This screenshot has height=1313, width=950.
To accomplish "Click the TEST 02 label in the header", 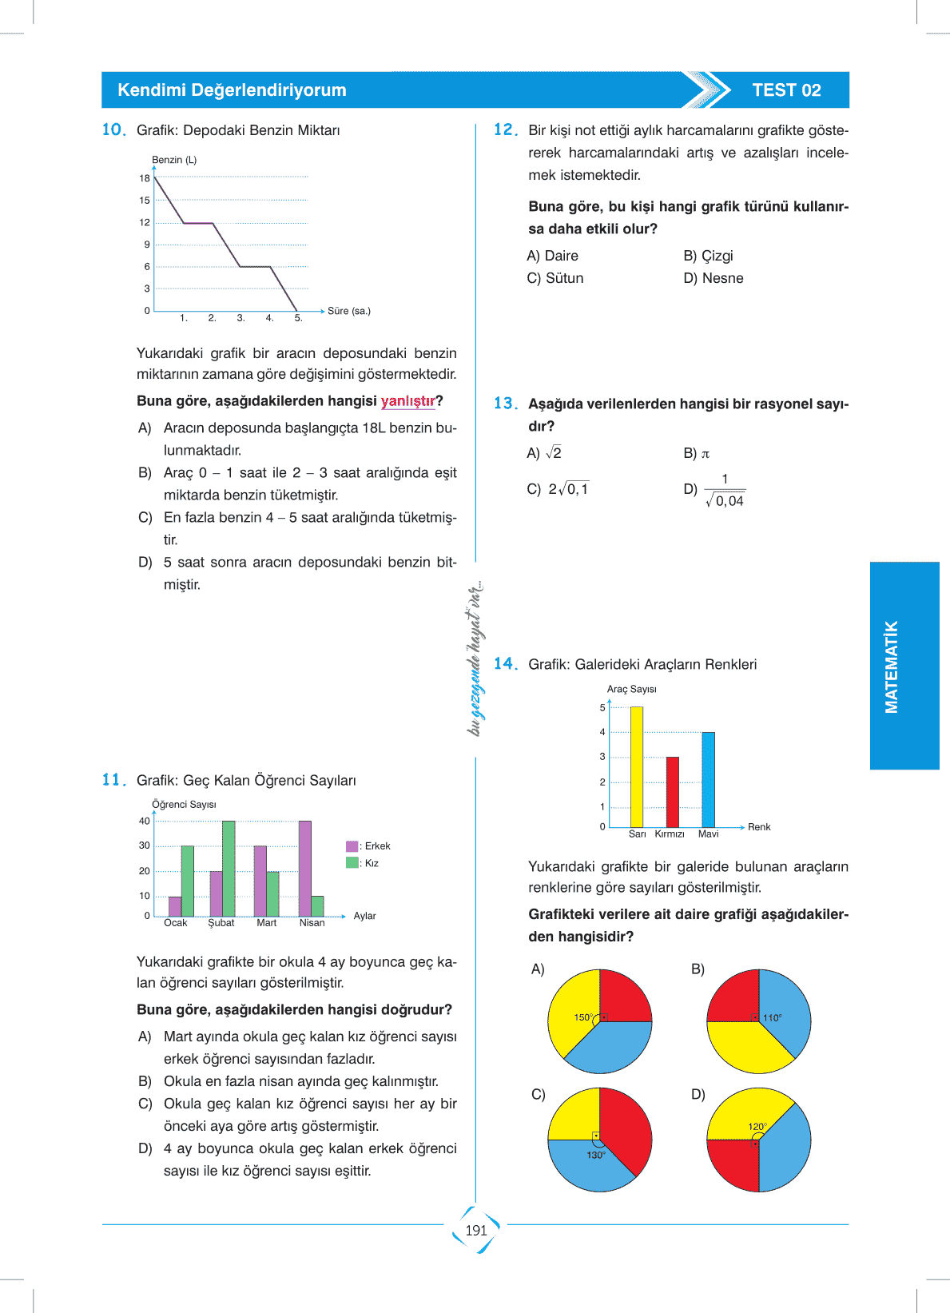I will [x=786, y=90].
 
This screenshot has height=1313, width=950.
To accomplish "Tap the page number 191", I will [x=476, y=1230].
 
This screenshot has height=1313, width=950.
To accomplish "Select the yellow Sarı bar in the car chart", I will [x=637, y=767].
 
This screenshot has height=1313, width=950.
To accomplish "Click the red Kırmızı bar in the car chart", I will [x=673, y=792].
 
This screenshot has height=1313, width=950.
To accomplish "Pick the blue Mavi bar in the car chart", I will [x=708, y=779].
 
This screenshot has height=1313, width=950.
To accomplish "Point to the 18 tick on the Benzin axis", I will [x=145, y=178].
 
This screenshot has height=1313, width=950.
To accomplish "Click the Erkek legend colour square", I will [x=352, y=846].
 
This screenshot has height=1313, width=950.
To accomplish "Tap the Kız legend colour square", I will [x=352, y=863].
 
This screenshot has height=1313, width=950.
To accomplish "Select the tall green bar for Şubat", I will [x=229, y=869].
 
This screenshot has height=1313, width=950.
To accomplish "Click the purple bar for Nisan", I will [x=304, y=869].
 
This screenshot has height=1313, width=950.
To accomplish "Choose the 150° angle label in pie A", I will [x=582, y=1017].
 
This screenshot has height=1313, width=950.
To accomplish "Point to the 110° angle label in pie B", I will [x=772, y=1018].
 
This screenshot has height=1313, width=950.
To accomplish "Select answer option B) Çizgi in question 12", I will [x=708, y=256].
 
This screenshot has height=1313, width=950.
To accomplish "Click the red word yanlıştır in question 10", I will [x=407, y=401].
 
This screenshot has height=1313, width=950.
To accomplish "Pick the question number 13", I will [x=505, y=404].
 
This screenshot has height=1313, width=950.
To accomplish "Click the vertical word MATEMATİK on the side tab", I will [x=892, y=666].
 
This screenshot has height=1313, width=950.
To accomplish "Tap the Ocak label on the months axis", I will [x=176, y=923].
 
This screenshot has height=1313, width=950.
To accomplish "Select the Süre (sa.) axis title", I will [x=349, y=311].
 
